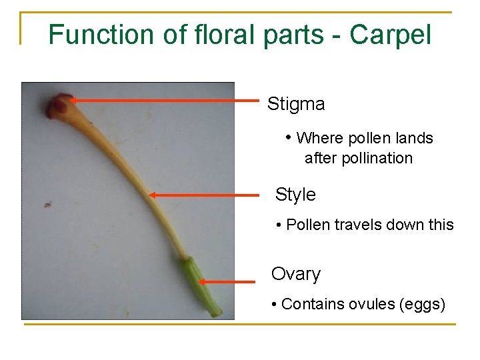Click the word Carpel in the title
(391, 34)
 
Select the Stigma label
(296, 104)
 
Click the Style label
(295, 195)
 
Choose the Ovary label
(296, 274)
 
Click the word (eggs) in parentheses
(421, 305)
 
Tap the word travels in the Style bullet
(361, 225)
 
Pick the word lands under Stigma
(415, 139)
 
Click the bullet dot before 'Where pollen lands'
(289, 138)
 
